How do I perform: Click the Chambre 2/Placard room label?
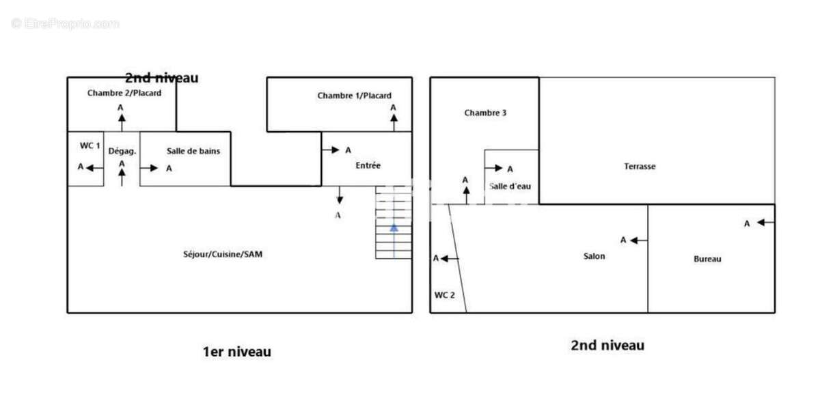[x=124, y=93]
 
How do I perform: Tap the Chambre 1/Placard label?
[x=354, y=96]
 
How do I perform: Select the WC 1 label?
[x=90, y=145]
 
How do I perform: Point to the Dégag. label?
[x=122, y=151]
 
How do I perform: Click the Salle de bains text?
[x=193, y=151]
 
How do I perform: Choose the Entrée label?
[x=368, y=165]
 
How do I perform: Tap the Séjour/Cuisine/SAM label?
[x=223, y=254]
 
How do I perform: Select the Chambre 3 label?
[x=485, y=113]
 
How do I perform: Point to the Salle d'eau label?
[x=510, y=186]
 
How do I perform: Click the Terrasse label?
[x=640, y=167]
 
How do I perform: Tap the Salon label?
[x=594, y=256]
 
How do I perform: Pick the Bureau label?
[x=707, y=259]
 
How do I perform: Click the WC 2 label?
[x=444, y=295]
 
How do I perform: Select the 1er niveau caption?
[x=237, y=352]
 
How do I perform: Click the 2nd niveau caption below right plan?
[x=607, y=345]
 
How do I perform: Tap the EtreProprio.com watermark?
[x=65, y=23]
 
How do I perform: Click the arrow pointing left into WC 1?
[x=95, y=168]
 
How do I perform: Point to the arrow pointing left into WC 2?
[x=450, y=259]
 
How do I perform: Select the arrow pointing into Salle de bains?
[x=149, y=168]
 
